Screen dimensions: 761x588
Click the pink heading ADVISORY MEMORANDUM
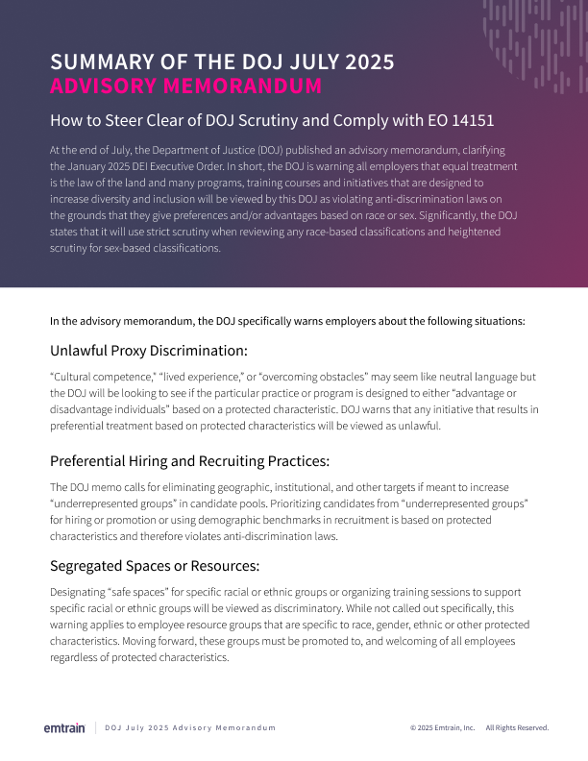(x=185, y=86)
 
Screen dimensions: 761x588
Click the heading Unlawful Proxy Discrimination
(x=149, y=350)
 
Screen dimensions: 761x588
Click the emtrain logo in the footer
(x=65, y=727)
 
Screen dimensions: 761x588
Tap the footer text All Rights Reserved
(x=517, y=728)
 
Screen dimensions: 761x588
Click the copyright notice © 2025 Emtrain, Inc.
(x=442, y=728)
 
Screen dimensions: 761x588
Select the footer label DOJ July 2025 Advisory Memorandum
(x=190, y=728)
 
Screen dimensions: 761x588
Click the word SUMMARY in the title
(x=100, y=62)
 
